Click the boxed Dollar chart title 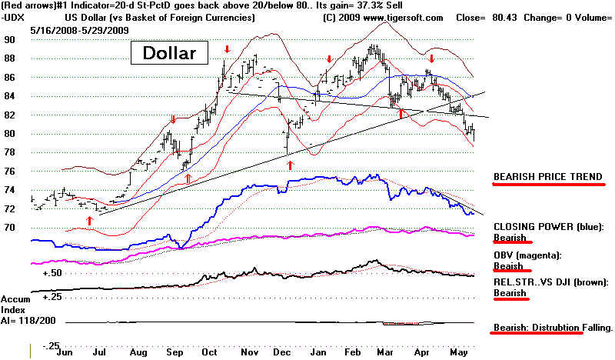point(168,54)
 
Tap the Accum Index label point(16,305)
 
